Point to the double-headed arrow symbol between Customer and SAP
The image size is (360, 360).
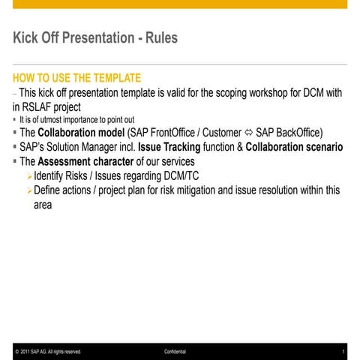246,133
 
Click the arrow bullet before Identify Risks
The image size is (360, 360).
28,176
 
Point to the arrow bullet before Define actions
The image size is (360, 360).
28,190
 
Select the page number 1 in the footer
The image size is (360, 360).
342,351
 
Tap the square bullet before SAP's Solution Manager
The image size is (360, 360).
14,148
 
